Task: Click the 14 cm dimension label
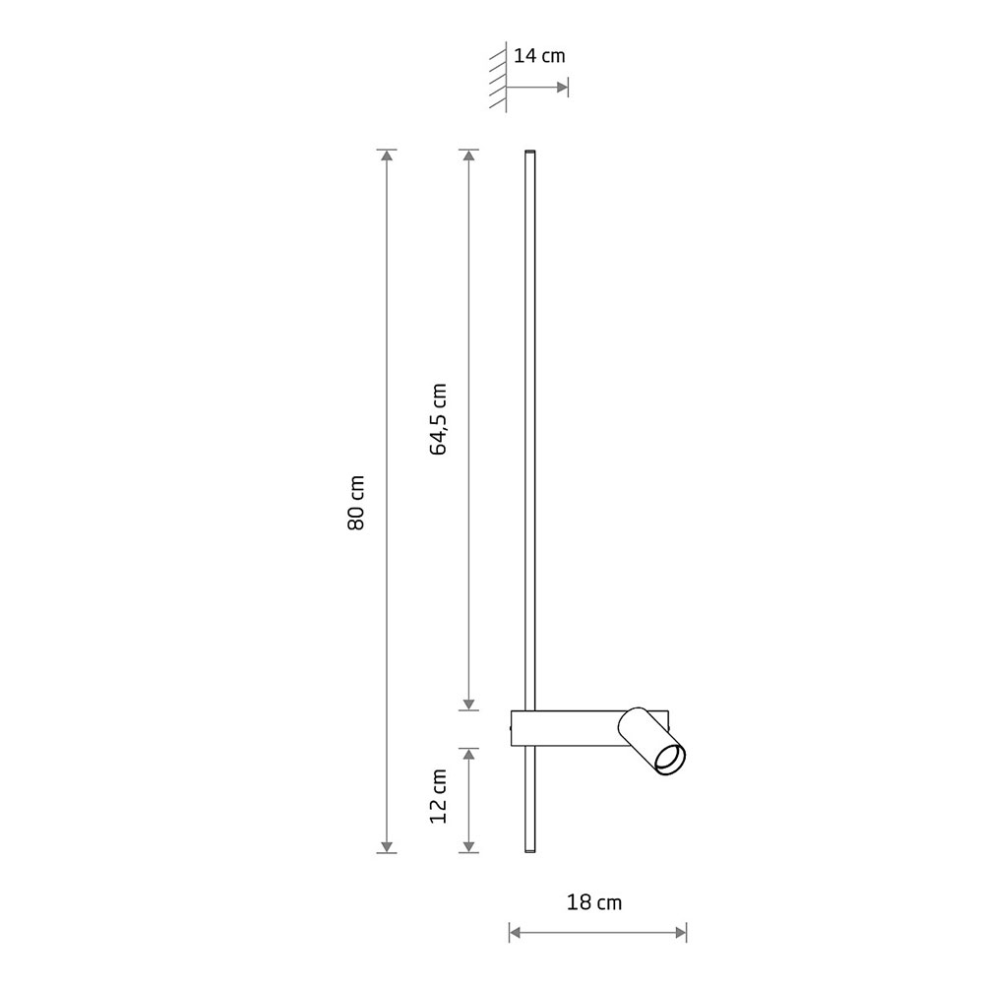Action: pos(539,56)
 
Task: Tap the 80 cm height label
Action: pos(356,503)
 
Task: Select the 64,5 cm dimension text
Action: pos(438,419)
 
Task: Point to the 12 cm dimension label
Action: pos(438,796)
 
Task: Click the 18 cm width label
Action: pos(593,902)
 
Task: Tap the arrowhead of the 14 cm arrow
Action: pos(562,88)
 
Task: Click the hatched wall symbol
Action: pos(498,78)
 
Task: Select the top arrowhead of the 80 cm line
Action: pos(387,155)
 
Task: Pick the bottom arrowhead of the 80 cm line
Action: pos(387,846)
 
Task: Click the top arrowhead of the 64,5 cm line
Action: pos(468,155)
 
